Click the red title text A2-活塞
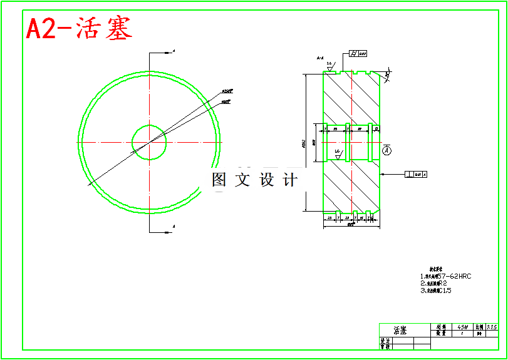79,29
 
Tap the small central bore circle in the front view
149,142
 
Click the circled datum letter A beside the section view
386,151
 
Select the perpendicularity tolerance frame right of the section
417,174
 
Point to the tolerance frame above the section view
358,54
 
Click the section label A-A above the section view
320,58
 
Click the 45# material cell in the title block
463,327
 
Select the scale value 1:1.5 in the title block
492,327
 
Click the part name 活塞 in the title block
400,330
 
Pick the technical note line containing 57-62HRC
445,276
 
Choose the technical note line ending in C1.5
437,291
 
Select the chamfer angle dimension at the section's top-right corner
388,75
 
